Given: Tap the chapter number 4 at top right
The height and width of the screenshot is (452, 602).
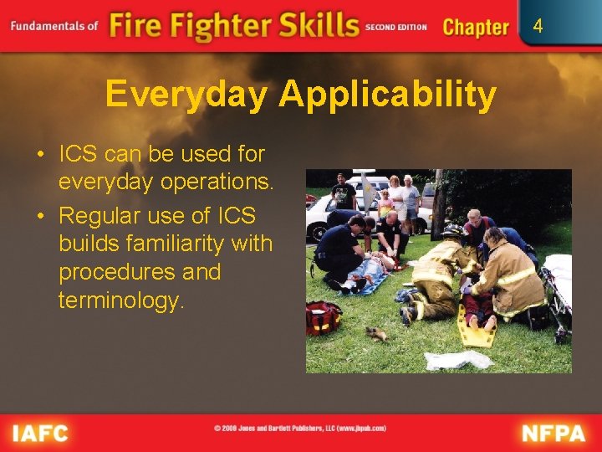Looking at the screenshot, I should coord(538,26).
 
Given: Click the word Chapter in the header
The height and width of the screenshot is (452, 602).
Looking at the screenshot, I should coord(476,27).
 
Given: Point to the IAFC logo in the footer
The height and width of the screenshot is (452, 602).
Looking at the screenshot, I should coord(39,433).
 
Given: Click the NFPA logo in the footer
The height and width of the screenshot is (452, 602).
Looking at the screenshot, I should coord(554,433).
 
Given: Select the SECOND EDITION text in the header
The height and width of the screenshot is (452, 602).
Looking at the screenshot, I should coord(395,27).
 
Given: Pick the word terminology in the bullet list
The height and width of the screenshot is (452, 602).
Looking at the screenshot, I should coord(120,300).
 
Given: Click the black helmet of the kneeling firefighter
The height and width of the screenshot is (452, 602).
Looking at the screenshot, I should coord(452,232).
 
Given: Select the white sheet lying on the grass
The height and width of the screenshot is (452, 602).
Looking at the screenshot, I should coord(459,359).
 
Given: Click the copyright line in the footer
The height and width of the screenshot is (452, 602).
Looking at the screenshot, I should coord(300,428).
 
